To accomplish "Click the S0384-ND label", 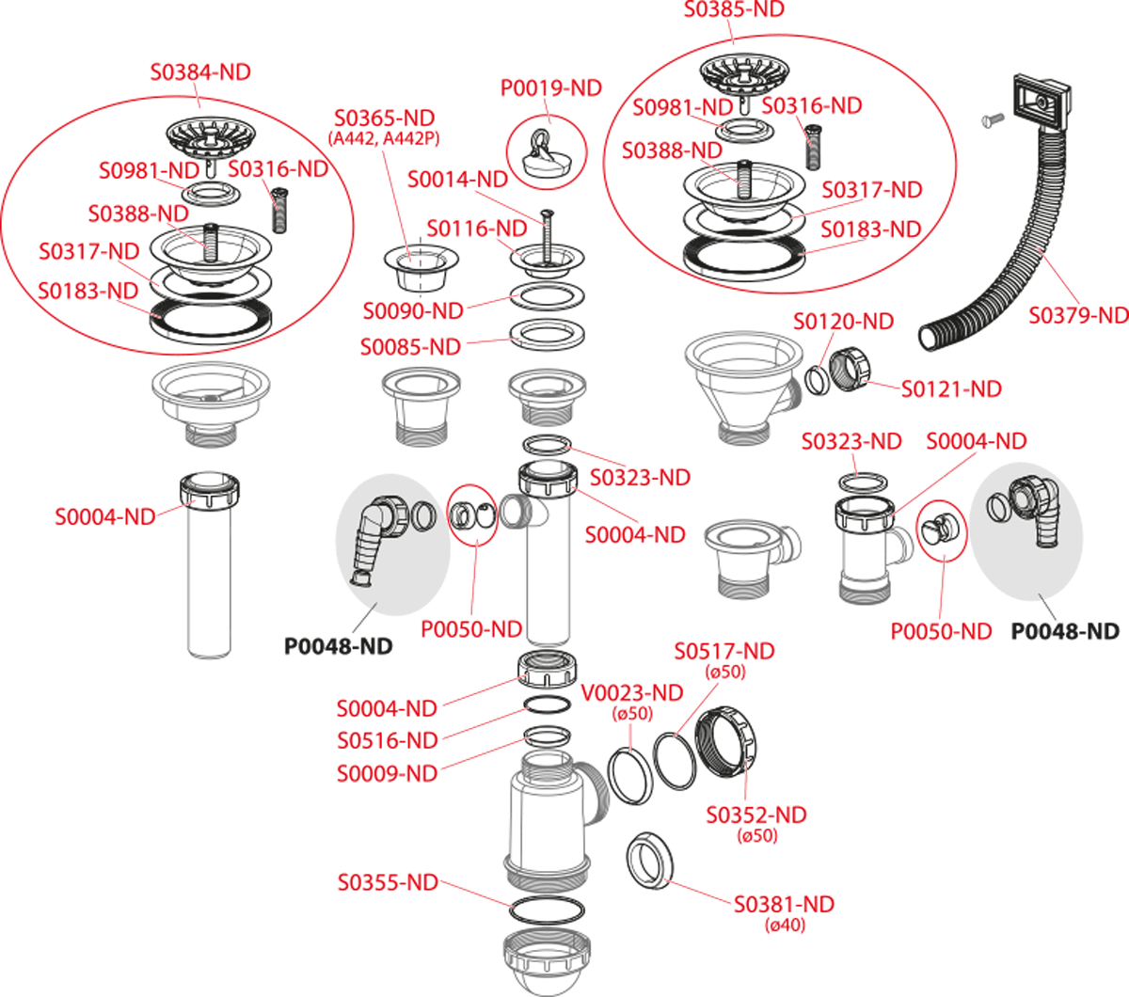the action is [x=200, y=71].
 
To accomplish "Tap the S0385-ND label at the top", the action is [x=734, y=9].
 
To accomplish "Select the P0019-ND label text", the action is [x=551, y=88].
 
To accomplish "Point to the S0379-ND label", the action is [x=1078, y=315].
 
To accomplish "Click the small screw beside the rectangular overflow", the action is [x=993, y=119].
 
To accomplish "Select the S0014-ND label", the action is [x=457, y=180].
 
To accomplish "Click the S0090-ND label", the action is [x=413, y=311].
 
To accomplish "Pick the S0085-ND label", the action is [x=411, y=347].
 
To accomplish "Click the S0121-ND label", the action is [x=952, y=389].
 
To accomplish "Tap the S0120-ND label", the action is [x=844, y=322].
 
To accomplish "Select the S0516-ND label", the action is [x=388, y=740].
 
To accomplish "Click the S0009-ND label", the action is [x=388, y=773].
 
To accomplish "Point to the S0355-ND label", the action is [x=388, y=882].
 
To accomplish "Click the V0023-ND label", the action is [x=632, y=693].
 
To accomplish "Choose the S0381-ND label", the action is [x=784, y=905].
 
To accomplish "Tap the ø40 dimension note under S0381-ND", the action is [x=786, y=926].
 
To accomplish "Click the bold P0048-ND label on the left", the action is [x=339, y=646].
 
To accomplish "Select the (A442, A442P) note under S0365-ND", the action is [x=384, y=138].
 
